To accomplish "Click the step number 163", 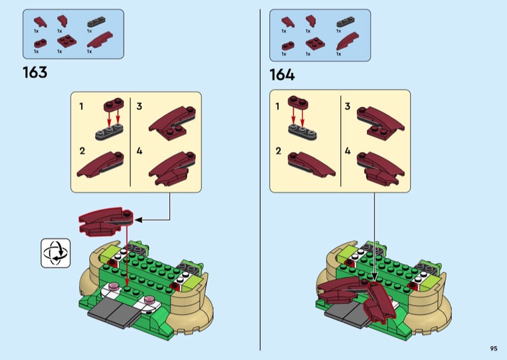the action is click(35, 72).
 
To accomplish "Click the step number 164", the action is click(282, 75).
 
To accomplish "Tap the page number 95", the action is click(494, 349).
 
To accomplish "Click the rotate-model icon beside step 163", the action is click(56, 253).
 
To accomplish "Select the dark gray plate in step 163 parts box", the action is click(98, 22).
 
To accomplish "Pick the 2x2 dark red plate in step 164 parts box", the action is click(315, 44).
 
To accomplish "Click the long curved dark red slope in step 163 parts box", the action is click(100, 40).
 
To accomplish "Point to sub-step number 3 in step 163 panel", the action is click(139, 106).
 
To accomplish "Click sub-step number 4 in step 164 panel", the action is click(347, 151).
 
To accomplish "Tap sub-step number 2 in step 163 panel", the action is click(82, 151).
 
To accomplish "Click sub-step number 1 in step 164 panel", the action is click(278, 106).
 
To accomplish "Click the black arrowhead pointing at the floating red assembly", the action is click(138, 220).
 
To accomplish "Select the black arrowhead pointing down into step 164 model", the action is click(375, 277).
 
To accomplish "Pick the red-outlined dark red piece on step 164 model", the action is click(379, 302).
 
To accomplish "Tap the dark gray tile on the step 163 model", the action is click(115, 313).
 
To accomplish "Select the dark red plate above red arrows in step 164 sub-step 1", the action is click(298, 102).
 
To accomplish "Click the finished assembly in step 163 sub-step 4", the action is click(172, 169).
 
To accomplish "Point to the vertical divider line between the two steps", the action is click(260, 180).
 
